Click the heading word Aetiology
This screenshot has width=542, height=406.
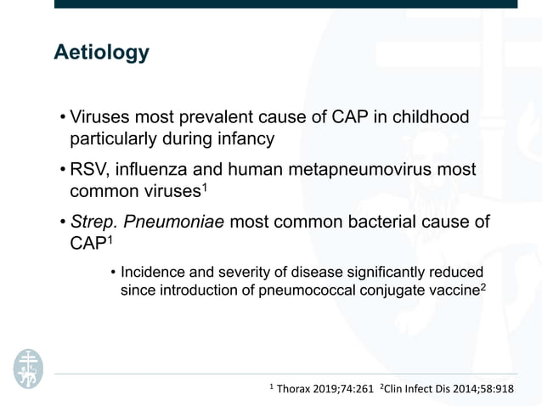(x=101, y=53)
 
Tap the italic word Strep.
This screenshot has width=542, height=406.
(x=93, y=223)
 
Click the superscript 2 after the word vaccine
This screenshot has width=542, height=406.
(x=483, y=285)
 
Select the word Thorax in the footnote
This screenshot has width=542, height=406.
(x=297, y=389)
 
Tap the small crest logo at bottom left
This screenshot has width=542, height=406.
(x=27, y=368)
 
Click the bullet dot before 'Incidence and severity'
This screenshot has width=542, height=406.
(x=113, y=273)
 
